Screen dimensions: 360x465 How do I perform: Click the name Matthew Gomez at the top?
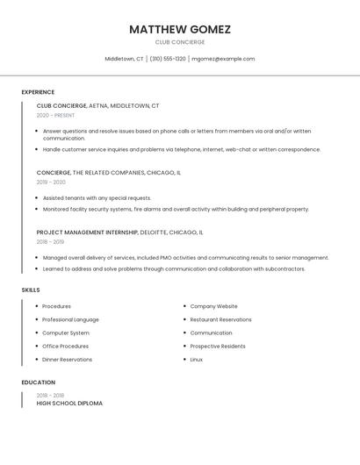click(180, 29)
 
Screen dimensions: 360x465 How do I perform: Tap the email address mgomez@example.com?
click(223, 59)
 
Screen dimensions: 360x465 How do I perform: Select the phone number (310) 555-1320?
click(168, 59)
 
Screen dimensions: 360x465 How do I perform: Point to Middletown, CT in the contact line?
click(124, 59)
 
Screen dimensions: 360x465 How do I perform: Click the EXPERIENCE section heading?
click(38, 92)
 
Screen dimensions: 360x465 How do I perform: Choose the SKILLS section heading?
click(31, 290)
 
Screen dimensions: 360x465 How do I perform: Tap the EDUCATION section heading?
click(39, 383)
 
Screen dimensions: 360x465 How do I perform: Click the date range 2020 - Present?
click(55, 115)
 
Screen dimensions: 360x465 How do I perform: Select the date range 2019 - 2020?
click(51, 182)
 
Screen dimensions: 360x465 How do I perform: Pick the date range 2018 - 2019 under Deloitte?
click(50, 241)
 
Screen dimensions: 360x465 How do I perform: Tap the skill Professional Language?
click(70, 319)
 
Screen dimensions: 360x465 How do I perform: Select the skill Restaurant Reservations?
click(220, 319)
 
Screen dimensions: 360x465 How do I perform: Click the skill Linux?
click(197, 359)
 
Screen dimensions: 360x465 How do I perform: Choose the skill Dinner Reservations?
click(67, 359)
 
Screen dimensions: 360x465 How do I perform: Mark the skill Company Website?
click(213, 306)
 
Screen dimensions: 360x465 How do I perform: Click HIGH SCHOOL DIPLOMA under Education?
click(69, 404)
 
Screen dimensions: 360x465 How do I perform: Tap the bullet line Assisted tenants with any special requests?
click(97, 198)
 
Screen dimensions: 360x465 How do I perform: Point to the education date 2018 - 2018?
click(50, 396)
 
